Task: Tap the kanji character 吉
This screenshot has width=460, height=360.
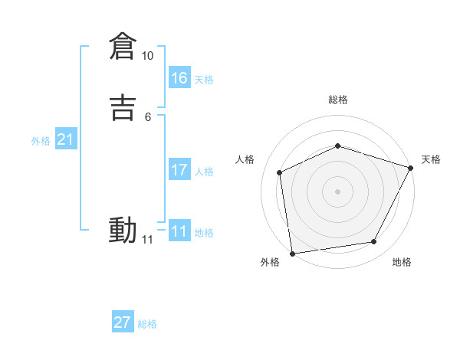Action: coord(123,108)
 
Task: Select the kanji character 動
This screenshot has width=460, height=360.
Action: coord(123,230)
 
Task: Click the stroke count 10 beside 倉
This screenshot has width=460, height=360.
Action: coord(147,56)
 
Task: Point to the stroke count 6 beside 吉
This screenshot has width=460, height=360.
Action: coord(147,116)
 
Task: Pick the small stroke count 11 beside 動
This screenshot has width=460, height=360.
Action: coord(147,240)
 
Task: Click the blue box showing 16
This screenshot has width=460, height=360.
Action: coord(179,77)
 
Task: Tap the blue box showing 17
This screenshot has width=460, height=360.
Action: coord(179,170)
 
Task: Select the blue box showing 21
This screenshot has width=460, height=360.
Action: coord(65,139)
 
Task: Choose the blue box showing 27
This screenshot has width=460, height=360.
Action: coord(123,322)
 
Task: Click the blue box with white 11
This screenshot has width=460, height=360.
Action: coord(179,231)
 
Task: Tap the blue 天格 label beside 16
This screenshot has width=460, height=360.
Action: coord(204,80)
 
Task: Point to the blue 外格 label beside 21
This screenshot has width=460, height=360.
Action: coord(41,141)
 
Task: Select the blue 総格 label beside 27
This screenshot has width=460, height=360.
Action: coord(147,324)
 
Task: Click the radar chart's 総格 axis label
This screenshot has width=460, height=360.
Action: coord(338,100)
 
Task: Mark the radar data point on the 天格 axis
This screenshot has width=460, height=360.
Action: coord(410,168)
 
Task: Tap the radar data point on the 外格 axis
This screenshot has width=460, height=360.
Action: coord(292,253)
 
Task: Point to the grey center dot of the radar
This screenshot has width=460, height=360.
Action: coord(337,191)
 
